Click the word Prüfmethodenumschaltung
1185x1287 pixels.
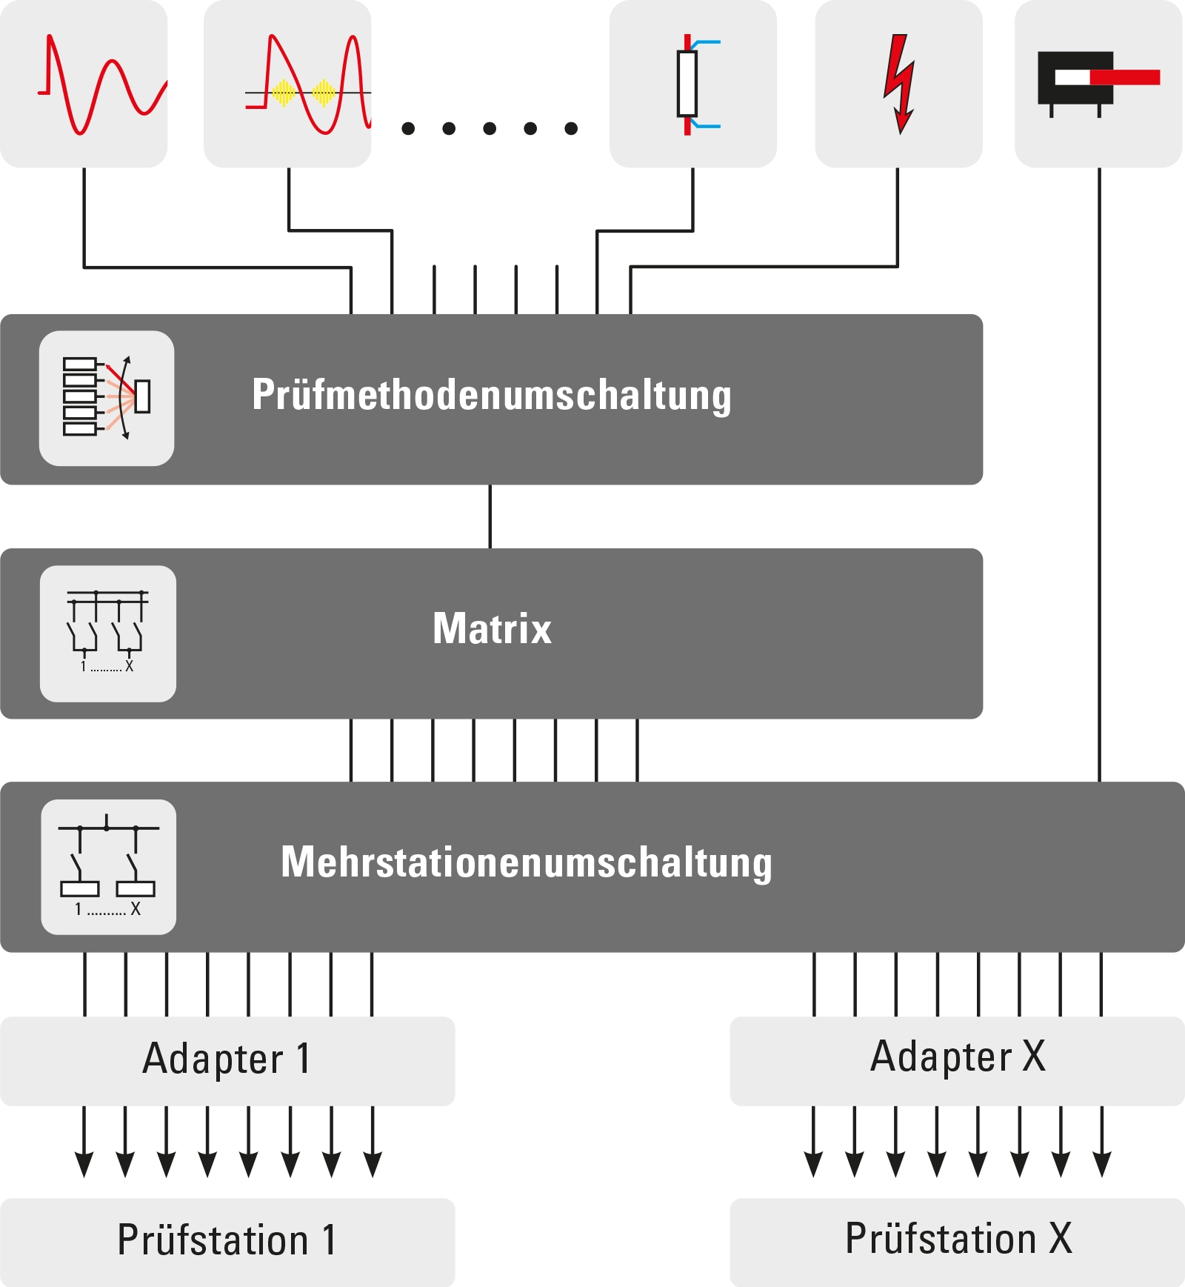pos(492,395)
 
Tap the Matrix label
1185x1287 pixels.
pos(493,628)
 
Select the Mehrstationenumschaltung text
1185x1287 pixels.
pos(527,862)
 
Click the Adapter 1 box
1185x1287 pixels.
pos(227,1061)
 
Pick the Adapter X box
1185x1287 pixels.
pos(958,1061)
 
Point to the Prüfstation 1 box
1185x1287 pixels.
pos(227,1243)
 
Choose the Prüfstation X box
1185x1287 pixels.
pos(958,1243)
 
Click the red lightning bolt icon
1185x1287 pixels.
pos(899,84)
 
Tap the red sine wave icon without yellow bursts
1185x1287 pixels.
pos(102,84)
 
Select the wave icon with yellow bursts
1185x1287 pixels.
pos(308,84)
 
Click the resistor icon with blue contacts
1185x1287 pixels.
pos(696,84)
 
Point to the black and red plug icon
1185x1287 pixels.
pos(1098,84)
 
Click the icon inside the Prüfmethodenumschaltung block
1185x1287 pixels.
pos(107,398)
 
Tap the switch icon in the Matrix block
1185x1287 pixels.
pos(108,633)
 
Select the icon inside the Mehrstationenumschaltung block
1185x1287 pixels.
pos(109,867)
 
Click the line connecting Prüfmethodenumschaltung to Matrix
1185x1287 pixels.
pos(490,516)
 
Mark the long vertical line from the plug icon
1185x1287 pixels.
pos(1099,475)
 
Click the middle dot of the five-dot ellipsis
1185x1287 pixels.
pos(490,128)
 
